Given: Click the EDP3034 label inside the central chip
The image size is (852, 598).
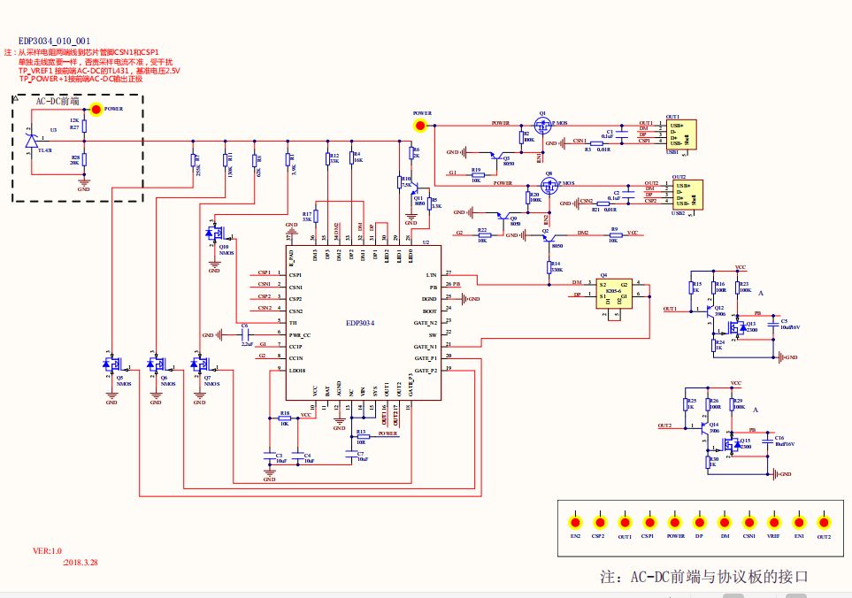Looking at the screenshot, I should [x=359, y=324].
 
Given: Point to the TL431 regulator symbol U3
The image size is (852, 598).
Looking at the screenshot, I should [x=32, y=140].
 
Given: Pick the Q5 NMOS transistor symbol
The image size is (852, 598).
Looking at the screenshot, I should [x=110, y=364].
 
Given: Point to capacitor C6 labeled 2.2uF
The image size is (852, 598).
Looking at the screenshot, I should [x=245, y=335].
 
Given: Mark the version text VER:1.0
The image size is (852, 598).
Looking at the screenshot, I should [x=48, y=550].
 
